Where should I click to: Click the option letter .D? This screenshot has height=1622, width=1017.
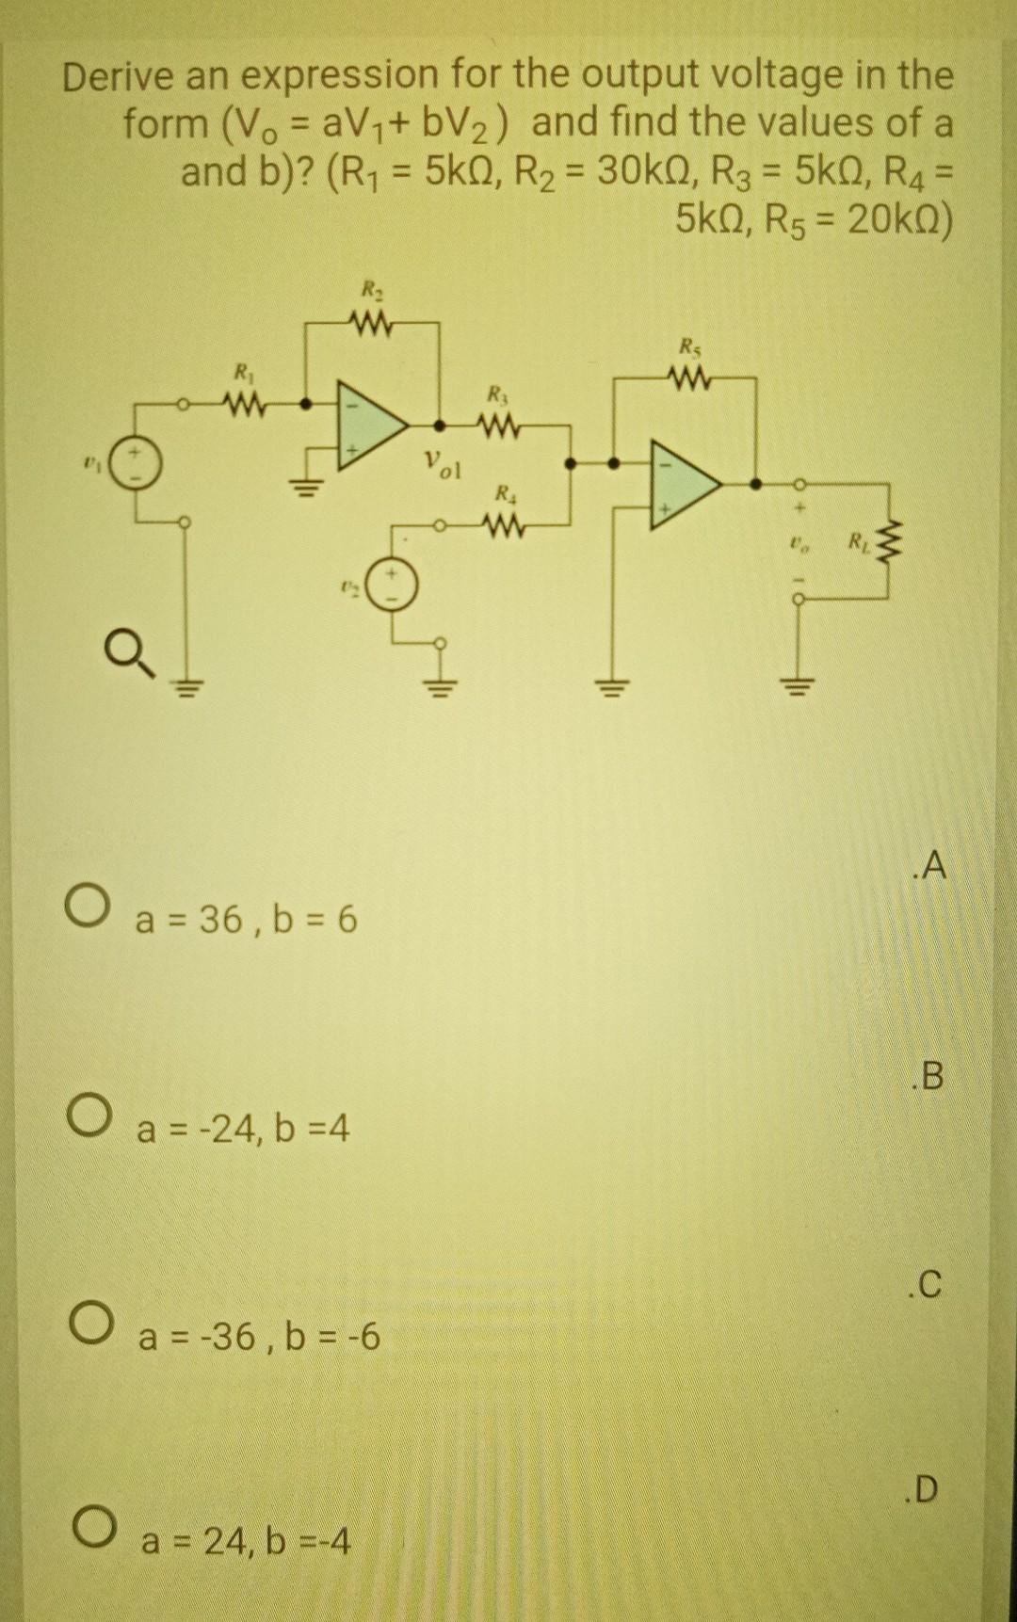coord(925,1489)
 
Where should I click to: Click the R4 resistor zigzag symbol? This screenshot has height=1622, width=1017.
coord(502,522)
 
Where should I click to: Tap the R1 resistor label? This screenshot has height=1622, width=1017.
coord(242,370)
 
